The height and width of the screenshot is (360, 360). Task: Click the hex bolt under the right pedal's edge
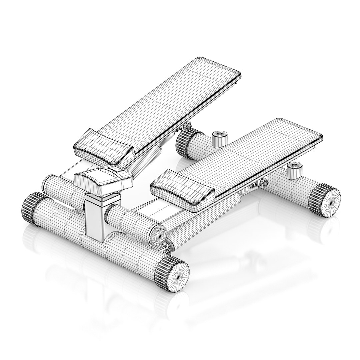(x=263, y=183)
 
